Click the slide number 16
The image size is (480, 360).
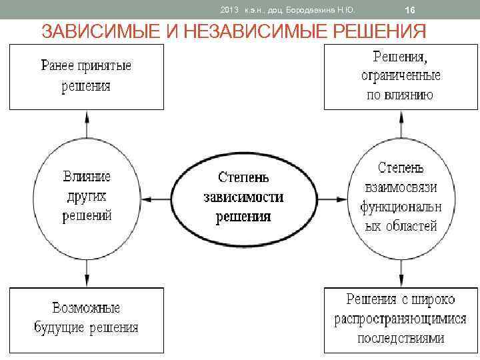410,11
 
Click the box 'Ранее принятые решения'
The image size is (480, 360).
86,76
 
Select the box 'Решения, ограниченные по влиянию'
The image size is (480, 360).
401,76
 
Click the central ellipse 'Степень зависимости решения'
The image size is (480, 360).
243,197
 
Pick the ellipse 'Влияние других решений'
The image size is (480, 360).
87,197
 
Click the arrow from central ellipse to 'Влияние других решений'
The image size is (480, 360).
157,198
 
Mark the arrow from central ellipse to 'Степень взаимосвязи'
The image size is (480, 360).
330,198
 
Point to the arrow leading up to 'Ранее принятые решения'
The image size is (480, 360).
87,124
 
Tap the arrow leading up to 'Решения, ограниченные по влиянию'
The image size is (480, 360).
400,124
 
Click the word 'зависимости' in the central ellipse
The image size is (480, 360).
243,197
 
